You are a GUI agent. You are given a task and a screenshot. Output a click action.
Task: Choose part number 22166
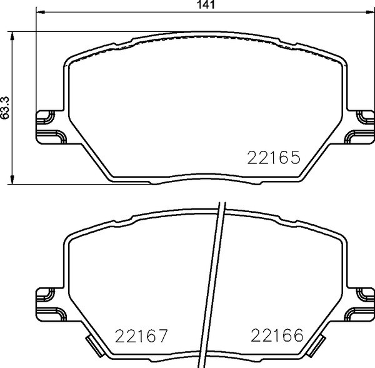tap(276, 337)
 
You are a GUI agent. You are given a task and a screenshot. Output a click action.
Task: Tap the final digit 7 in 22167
tap(163, 337)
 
